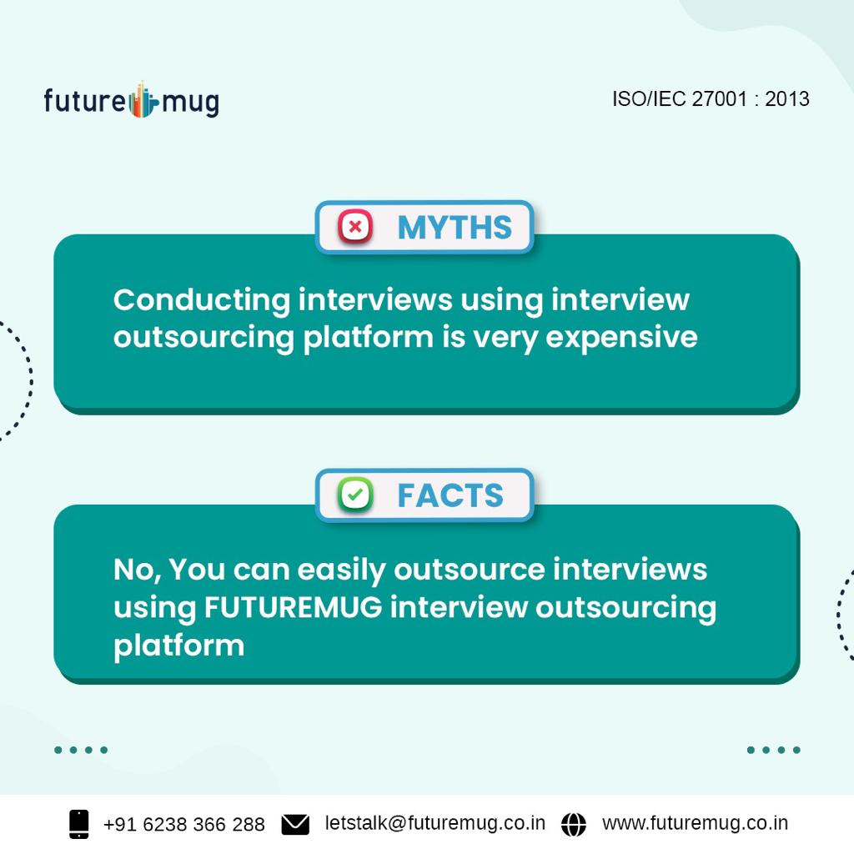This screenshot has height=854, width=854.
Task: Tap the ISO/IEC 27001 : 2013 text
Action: [711, 98]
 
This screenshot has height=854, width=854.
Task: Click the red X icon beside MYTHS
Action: [354, 227]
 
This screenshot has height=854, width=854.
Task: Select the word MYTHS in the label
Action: [455, 228]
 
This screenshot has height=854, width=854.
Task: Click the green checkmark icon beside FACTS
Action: [354, 495]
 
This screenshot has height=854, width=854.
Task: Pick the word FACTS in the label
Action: [450, 496]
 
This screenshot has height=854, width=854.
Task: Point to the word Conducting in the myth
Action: [202, 299]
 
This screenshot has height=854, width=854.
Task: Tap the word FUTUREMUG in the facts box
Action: [293, 607]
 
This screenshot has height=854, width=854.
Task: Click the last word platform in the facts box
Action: [178, 645]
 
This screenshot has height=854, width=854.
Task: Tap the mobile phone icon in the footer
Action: [79, 824]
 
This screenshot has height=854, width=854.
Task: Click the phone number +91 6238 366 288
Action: [183, 825]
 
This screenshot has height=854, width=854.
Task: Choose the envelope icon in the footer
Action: [295, 825]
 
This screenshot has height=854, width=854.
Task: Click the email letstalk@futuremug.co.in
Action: [435, 823]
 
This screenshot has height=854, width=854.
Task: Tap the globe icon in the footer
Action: [574, 824]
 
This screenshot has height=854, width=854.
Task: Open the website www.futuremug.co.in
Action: [695, 823]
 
